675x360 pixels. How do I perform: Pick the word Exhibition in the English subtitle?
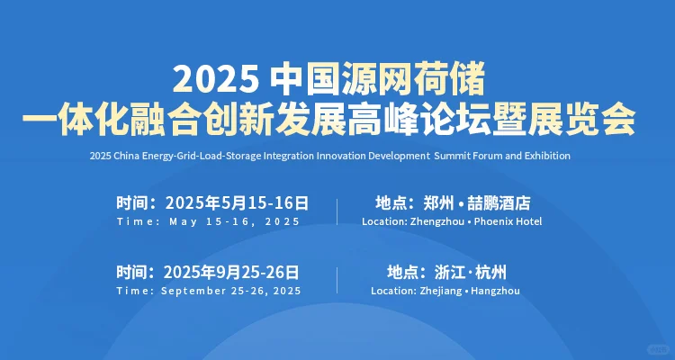[x=545, y=156]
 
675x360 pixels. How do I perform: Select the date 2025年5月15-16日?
[x=236, y=202]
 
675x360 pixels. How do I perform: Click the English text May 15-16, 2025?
[x=234, y=221]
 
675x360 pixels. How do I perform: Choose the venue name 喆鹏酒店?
[x=501, y=202]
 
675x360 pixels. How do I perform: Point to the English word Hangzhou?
[x=494, y=291]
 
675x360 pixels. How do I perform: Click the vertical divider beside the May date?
[x=337, y=211]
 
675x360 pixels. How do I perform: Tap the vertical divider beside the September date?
[x=337, y=281]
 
